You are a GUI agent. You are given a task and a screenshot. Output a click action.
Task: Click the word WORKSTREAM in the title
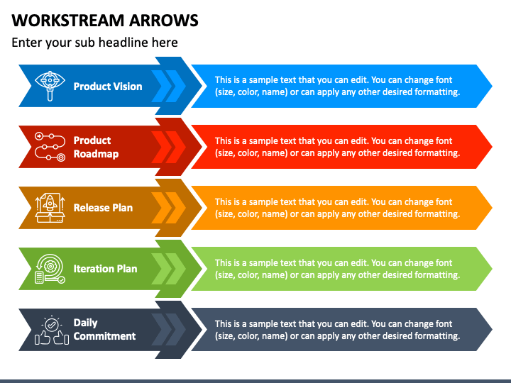click(68, 20)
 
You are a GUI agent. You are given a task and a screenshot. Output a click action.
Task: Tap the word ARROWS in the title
click(164, 20)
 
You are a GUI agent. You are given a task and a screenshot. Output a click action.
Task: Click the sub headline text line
click(94, 43)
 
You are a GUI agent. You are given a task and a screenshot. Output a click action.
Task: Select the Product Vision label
click(108, 87)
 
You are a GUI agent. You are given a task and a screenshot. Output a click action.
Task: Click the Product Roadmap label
click(96, 147)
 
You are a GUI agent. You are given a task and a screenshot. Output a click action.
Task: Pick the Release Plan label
click(103, 208)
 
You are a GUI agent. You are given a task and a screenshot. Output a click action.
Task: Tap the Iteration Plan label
click(105, 269)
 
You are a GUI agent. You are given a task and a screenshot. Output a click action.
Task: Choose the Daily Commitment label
click(104, 329)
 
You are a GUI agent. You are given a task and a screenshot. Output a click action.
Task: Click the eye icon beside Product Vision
click(50, 86)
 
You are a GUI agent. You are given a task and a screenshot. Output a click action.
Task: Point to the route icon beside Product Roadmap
click(50, 147)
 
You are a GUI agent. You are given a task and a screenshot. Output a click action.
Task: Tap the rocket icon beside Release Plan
click(50, 208)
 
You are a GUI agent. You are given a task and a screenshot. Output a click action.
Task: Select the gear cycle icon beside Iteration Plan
click(50, 269)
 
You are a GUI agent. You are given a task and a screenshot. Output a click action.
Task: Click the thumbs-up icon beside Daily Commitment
click(52, 330)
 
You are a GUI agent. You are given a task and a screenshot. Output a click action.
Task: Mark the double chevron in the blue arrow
click(169, 87)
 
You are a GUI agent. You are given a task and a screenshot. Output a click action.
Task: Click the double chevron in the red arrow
click(169, 147)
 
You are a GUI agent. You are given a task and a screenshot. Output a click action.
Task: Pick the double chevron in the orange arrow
click(169, 208)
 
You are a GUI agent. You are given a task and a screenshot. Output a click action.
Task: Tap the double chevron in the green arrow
click(169, 269)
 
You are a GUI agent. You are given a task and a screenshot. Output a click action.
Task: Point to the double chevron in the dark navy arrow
click(169, 330)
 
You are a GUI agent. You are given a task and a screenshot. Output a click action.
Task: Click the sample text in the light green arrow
click(337, 269)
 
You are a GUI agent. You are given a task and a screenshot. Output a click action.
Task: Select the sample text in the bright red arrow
click(337, 147)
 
